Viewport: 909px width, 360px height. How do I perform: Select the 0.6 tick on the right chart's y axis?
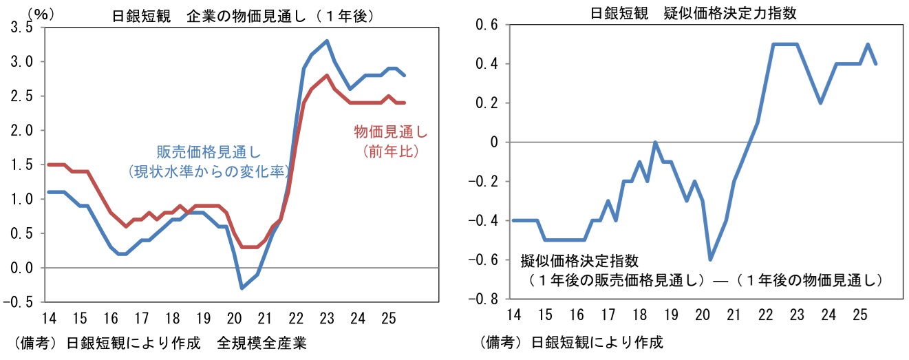click(490, 25)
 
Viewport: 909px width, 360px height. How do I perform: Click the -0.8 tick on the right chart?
click(486, 299)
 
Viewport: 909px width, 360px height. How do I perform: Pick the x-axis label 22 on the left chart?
click(296, 318)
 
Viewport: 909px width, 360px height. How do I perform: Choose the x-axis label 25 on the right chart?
click(859, 315)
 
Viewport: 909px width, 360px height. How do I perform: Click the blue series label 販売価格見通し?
click(208, 152)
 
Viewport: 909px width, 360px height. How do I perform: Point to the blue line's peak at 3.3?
click(326, 41)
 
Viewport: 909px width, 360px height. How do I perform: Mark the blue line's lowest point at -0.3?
click(242, 288)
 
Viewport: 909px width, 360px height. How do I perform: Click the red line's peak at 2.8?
click(326, 75)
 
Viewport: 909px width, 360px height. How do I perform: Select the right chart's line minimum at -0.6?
click(709, 260)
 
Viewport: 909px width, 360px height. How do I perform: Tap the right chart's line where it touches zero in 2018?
click(656, 142)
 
